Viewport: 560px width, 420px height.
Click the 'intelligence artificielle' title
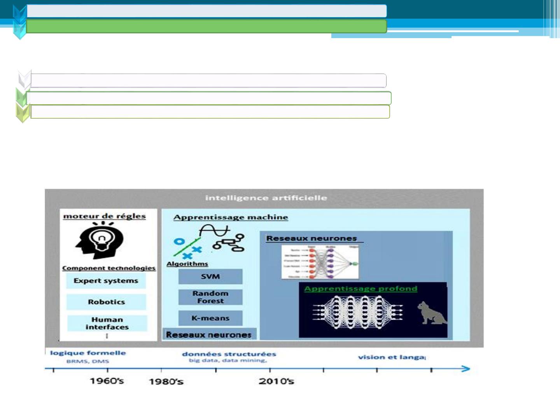pyautogui.click(x=266, y=198)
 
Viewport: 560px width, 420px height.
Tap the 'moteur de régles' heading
pyautogui.click(x=104, y=216)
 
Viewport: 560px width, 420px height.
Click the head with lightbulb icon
pyautogui.click(x=100, y=240)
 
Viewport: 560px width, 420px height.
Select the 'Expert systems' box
pyautogui.click(x=106, y=281)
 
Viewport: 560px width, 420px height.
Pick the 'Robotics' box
pyautogui.click(x=106, y=302)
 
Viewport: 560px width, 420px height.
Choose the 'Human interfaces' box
pyautogui.click(x=107, y=323)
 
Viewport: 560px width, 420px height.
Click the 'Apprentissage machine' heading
pyautogui.click(x=231, y=217)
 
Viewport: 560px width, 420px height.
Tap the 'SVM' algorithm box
pyautogui.click(x=210, y=276)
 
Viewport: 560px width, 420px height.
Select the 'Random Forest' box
pyautogui.click(x=210, y=297)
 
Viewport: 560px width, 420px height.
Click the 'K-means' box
pyautogui.click(x=210, y=318)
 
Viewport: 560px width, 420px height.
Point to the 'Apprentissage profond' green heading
pyautogui.click(x=360, y=289)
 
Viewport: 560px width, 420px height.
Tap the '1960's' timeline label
pyautogui.click(x=107, y=381)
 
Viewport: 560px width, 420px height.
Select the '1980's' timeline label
pyautogui.click(x=166, y=381)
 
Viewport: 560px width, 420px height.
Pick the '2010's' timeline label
pyautogui.click(x=276, y=381)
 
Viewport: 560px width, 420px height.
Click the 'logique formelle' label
pyautogui.click(x=88, y=353)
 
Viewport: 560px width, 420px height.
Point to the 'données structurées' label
pyautogui.click(x=229, y=354)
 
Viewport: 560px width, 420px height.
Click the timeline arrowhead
pyautogui.click(x=465, y=369)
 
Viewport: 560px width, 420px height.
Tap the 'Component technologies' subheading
pyautogui.click(x=109, y=268)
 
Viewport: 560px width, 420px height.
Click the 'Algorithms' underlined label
pyautogui.click(x=187, y=264)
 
